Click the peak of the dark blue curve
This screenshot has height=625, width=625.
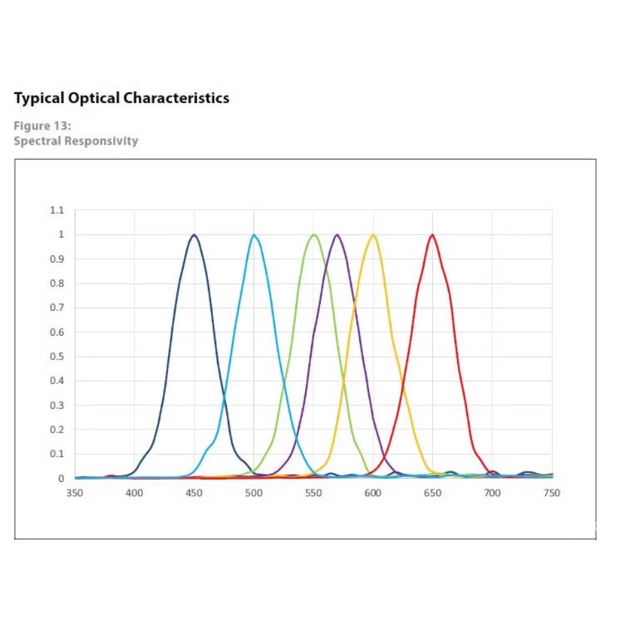194,234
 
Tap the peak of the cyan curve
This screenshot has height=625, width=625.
253,234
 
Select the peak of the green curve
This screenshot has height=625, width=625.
313,234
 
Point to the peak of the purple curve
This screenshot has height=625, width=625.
337,234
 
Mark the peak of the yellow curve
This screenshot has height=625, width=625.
373,234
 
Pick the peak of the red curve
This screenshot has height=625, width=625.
432,234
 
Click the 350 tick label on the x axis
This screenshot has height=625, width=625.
75,493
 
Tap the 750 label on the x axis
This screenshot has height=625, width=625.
552,493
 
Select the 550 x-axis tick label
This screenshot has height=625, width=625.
313,493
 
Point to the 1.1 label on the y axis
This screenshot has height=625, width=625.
57,210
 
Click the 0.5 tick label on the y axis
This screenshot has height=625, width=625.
57,357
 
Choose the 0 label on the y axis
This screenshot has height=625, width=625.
61,479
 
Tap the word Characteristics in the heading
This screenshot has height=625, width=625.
176,98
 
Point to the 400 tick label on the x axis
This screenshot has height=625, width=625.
135,493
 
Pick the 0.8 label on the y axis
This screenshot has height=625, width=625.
57,283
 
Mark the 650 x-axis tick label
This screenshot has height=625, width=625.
432,493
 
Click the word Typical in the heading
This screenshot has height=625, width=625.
37,98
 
